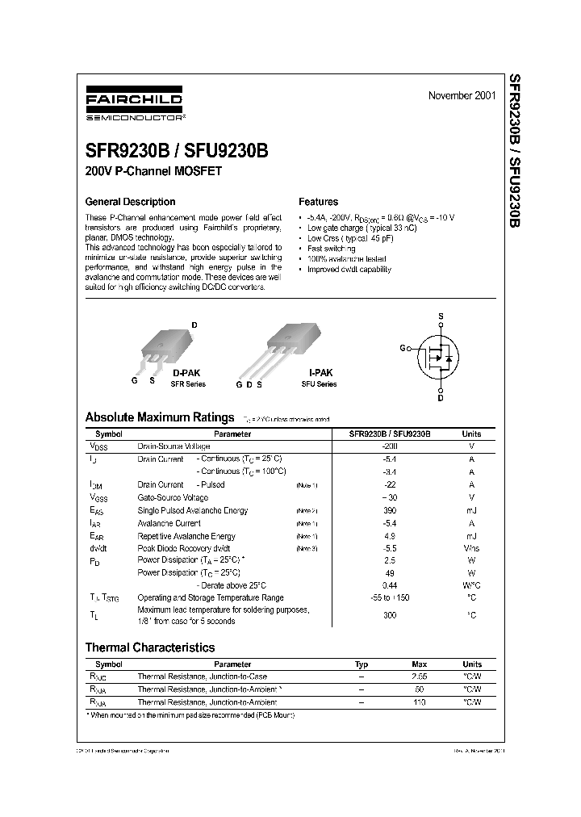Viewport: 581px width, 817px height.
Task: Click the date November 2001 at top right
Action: click(x=462, y=95)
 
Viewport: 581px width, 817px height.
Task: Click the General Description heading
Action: click(x=130, y=202)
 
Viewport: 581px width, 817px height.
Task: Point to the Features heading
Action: click(x=318, y=202)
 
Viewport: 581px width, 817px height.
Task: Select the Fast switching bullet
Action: click(x=332, y=249)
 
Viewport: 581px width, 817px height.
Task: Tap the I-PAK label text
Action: click(x=320, y=373)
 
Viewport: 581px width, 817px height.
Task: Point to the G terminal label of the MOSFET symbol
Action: click(x=403, y=348)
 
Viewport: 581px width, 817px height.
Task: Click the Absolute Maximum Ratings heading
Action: click(x=159, y=417)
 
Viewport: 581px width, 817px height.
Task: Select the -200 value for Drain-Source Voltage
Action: click(x=390, y=446)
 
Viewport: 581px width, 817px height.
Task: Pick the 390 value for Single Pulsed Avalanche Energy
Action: click(x=390, y=510)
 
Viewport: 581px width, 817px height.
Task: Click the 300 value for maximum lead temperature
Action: click(x=390, y=614)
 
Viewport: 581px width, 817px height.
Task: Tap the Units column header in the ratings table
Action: click(x=471, y=434)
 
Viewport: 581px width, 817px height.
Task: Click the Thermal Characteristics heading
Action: click(x=150, y=647)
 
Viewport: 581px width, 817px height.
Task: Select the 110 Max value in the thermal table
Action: click(x=418, y=702)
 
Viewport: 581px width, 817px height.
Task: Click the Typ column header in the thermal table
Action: click(x=362, y=664)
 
